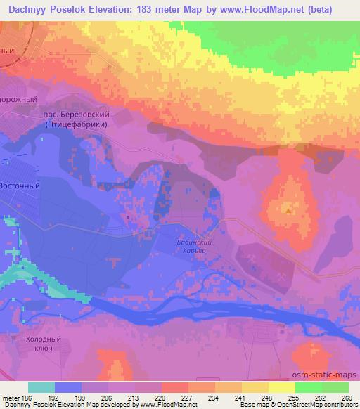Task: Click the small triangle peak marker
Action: tap(288, 209)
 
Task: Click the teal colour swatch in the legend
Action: tap(41, 387)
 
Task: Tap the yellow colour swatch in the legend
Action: tap(282, 387)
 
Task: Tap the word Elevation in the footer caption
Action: tap(71, 405)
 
